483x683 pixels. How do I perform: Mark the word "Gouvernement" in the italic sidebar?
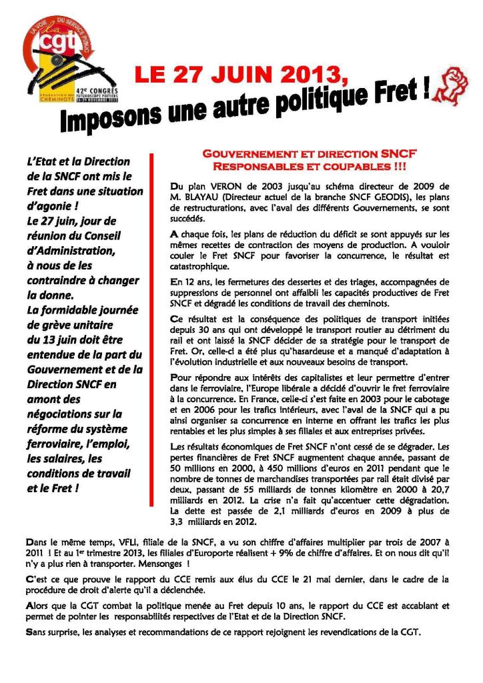(65, 369)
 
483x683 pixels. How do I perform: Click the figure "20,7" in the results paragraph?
(437, 489)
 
